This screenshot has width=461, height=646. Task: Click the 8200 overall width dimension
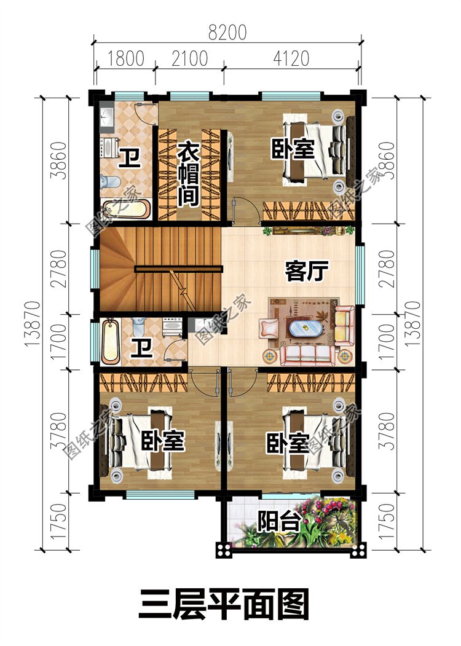[x=227, y=33]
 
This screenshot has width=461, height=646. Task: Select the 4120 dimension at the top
[x=291, y=58]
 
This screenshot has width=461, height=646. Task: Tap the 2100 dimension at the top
[x=189, y=58]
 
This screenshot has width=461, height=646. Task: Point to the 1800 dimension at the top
[x=125, y=58]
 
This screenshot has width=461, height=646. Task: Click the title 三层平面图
[x=224, y=604]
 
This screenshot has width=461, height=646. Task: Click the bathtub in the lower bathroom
[x=111, y=342]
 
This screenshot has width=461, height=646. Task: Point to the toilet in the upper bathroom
[x=110, y=181]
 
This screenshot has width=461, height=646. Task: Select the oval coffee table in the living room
[x=305, y=328]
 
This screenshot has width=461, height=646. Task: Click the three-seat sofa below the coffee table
[x=307, y=355]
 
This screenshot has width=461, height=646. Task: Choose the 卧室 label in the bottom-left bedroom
[x=163, y=441]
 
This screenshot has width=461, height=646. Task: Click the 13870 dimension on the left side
[x=33, y=323]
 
